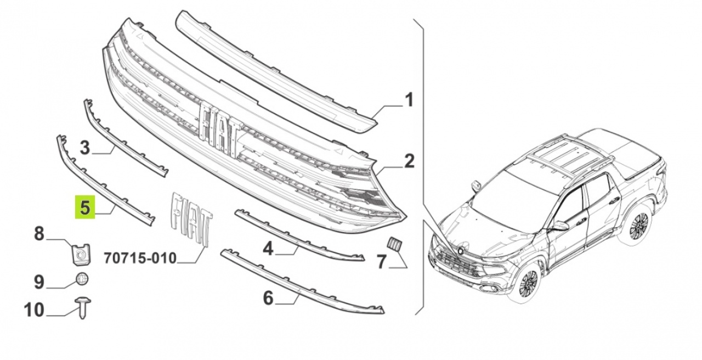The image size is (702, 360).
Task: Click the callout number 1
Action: click(409, 100)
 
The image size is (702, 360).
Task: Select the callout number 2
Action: click(409, 161)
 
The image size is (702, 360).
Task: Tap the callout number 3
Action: click(85, 148)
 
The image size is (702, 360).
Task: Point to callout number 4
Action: click(268, 249)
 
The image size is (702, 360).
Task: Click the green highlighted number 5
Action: click(85, 207)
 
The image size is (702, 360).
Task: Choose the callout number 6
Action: click(268, 297)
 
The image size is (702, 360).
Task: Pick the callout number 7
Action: click(381, 262)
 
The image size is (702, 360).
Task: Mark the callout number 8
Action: click(39, 234)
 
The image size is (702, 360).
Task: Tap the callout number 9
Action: click(39, 282)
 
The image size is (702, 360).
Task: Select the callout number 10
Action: click(34, 310)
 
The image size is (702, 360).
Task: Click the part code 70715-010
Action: click(140, 258)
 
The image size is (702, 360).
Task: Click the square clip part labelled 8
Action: click(80, 255)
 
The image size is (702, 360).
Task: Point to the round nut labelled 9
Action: click(82, 279)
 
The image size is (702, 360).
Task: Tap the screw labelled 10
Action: click(83, 308)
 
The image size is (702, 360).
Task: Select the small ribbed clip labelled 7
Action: click(395, 244)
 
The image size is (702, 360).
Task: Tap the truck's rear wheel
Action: click(638, 225)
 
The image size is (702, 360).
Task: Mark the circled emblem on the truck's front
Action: click(461, 251)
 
